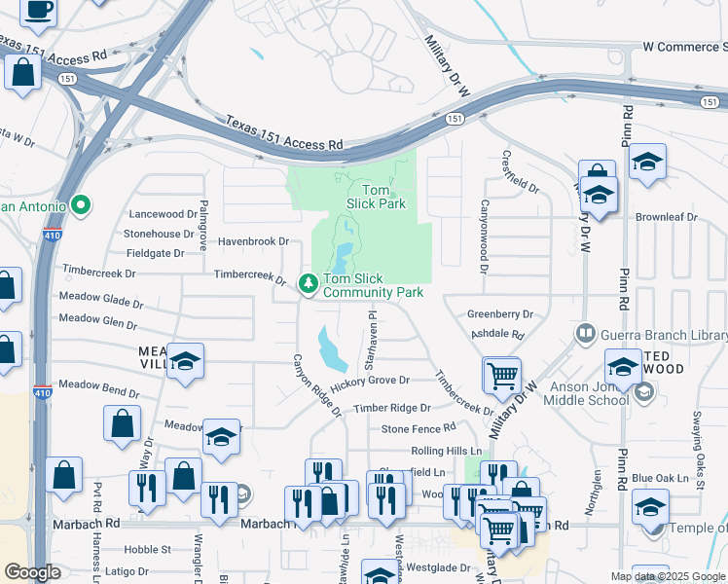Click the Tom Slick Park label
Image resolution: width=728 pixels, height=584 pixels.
(x=376, y=197)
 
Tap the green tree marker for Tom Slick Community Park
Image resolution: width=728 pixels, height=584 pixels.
(x=309, y=283)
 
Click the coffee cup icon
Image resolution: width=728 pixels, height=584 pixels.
(x=38, y=10)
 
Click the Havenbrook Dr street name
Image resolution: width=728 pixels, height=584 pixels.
(x=254, y=241)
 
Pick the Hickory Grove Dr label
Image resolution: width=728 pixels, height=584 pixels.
(x=369, y=381)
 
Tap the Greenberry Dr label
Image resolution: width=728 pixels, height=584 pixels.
(x=500, y=314)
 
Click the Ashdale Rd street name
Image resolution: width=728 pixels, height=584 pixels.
(x=497, y=334)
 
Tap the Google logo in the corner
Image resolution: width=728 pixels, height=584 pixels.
(x=32, y=572)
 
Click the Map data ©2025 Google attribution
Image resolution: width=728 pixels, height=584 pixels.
(x=667, y=576)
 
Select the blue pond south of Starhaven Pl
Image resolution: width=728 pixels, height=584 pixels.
(x=331, y=348)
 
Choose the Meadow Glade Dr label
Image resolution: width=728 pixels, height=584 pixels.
(x=101, y=298)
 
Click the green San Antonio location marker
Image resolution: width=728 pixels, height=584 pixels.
(x=81, y=205)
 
